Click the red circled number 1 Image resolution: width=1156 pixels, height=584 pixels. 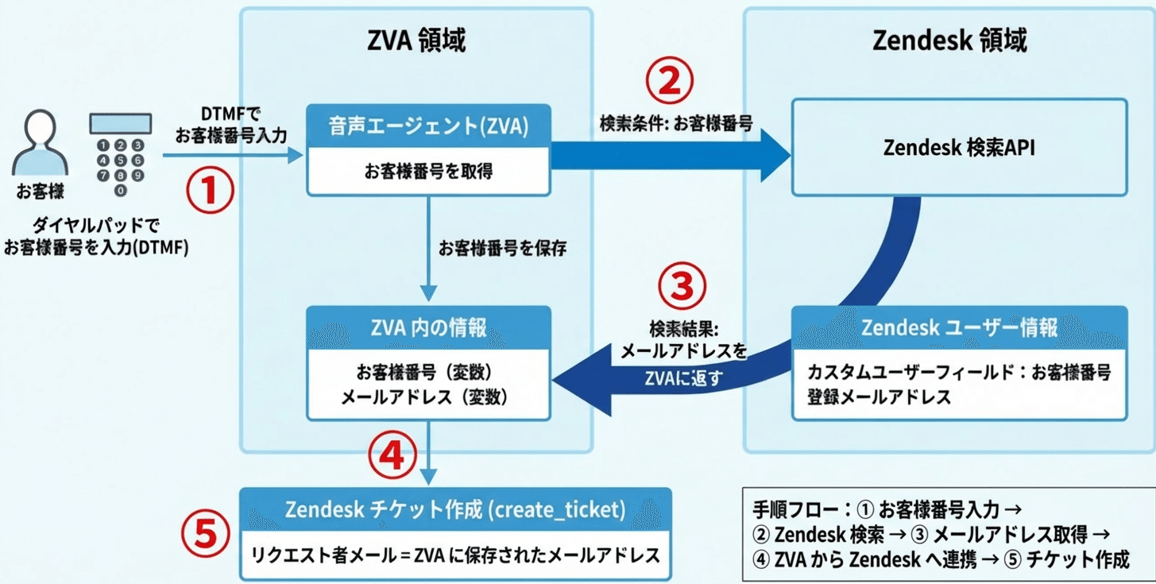click(x=209, y=193)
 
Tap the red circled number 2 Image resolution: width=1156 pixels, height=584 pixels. click(x=668, y=79)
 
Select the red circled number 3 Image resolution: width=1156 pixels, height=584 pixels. click(x=681, y=288)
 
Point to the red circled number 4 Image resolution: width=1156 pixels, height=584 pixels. click(x=392, y=456)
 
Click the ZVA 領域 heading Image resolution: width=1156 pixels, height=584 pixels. click(x=417, y=40)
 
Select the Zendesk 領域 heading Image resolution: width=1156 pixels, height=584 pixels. click(x=949, y=40)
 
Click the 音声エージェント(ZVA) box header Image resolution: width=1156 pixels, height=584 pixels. click(x=428, y=126)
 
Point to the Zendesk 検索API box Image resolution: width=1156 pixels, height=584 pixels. click(x=958, y=147)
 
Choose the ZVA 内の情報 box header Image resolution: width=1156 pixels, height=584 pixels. click(x=428, y=327)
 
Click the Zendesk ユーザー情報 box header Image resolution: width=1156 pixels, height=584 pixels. click(x=959, y=327)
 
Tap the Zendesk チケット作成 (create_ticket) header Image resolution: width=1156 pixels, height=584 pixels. click(x=455, y=509)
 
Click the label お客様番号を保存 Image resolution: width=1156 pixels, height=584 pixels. click(x=502, y=248)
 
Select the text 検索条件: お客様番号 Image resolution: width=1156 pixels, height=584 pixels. click(x=675, y=125)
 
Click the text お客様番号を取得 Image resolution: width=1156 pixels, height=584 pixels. click(x=428, y=172)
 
